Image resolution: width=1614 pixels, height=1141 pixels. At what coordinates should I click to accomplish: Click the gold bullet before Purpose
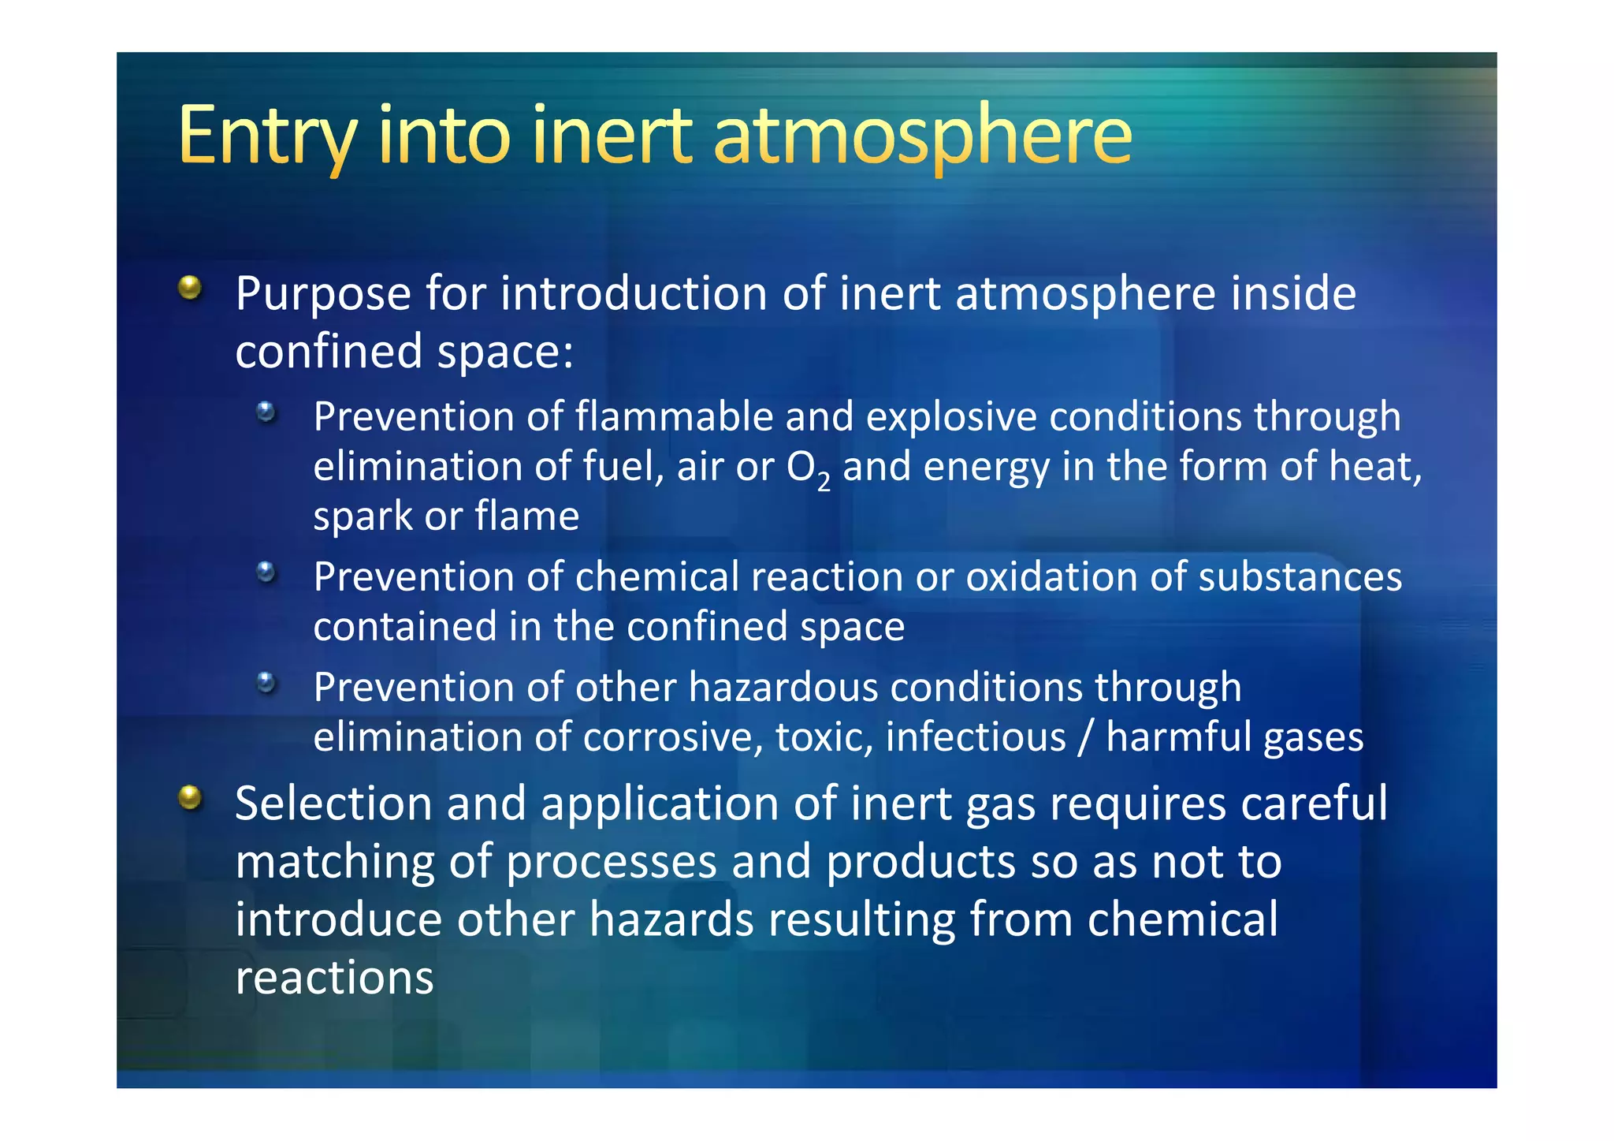[x=190, y=288]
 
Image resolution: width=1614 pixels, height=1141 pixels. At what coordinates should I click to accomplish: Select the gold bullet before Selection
[x=190, y=797]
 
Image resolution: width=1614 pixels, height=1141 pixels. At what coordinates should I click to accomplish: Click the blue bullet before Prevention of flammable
[x=266, y=412]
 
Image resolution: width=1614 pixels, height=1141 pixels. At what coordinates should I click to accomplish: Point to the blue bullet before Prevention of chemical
[x=266, y=572]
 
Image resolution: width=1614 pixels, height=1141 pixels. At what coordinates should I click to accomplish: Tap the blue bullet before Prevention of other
[x=266, y=682]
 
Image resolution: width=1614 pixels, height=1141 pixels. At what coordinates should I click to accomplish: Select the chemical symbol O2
[x=808, y=468]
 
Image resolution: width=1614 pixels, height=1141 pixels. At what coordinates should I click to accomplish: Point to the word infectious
[x=975, y=738]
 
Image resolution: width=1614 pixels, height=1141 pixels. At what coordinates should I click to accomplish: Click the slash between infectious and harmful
[x=1086, y=738]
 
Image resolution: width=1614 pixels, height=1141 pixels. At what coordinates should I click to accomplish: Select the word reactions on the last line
[x=334, y=979]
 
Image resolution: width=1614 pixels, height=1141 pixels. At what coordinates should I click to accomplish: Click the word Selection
[x=333, y=804]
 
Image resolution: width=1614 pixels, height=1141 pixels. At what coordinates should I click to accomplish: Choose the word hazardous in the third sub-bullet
[x=783, y=688]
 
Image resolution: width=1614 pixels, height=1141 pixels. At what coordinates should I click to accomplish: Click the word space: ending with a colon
[x=505, y=352]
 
